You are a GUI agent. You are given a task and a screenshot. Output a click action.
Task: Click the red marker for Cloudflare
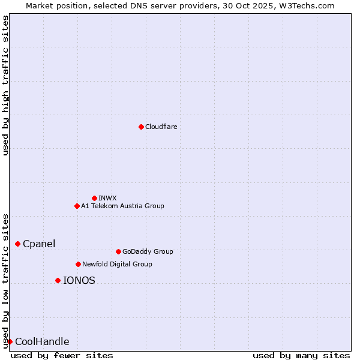[x=141, y=127]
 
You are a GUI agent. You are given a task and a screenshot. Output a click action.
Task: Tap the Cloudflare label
[x=161, y=127]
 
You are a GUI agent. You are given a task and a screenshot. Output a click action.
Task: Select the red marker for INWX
[x=94, y=198]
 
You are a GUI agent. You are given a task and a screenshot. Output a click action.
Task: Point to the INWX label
[x=107, y=198]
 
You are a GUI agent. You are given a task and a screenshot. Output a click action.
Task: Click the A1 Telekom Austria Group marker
[x=77, y=206]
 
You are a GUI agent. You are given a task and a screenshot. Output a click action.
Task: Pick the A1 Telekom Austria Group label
[x=122, y=206]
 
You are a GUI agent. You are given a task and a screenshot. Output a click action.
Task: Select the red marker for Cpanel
[x=17, y=244]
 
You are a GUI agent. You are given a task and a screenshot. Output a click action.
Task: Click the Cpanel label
[x=39, y=244]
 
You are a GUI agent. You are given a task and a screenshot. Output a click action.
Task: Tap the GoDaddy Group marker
[x=118, y=251]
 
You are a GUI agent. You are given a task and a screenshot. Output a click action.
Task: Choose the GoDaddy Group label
[x=148, y=251]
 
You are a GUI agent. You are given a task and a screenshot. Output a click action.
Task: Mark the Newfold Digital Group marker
[x=78, y=264]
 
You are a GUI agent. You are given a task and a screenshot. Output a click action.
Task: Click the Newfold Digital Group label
[x=117, y=264]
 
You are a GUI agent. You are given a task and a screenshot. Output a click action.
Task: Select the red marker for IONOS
[x=58, y=280]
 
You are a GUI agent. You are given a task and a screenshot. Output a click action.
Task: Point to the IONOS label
[x=79, y=280]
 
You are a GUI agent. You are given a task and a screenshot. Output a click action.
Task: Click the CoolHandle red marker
[x=10, y=341]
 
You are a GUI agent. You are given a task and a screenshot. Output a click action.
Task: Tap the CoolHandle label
[x=42, y=342]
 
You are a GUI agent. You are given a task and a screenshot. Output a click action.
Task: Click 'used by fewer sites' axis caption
[x=62, y=355]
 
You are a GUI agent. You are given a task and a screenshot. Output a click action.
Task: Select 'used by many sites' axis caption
[x=301, y=355]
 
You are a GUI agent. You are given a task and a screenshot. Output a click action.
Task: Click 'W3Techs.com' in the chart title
[x=309, y=5]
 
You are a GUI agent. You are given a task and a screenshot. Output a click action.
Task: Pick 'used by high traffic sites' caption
[x=5, y=86]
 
